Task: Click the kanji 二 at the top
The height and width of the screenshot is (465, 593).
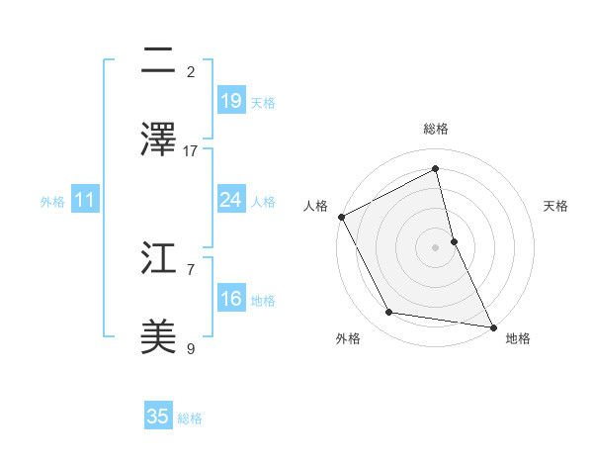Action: pos(158,62)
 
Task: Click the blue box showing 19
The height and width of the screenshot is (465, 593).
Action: pos(231,100)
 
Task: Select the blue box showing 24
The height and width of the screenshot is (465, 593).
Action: pos(231,200)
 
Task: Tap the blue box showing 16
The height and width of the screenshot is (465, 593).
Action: pos(231,299)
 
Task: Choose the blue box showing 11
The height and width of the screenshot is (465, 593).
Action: pos(85,200)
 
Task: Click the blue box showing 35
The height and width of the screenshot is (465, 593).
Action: pos(158,417)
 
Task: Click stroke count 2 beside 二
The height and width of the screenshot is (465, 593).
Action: pos(191,72)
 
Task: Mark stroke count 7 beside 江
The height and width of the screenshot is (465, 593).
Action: pos(191,269)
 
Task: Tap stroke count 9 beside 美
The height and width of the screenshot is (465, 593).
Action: pos(191,348)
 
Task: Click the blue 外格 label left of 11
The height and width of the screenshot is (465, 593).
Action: pos(52,201)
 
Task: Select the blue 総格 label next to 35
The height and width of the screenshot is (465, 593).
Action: pos(190,418)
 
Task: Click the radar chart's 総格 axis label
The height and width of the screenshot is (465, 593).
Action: pos(436,129)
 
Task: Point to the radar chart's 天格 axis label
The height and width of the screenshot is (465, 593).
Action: pos(556,206)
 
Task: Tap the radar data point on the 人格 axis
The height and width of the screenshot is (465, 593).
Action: pos(341,217)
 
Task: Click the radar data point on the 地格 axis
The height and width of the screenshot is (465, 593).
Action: pos(493,326)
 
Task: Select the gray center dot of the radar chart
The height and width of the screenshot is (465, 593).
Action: pos(436,246)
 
